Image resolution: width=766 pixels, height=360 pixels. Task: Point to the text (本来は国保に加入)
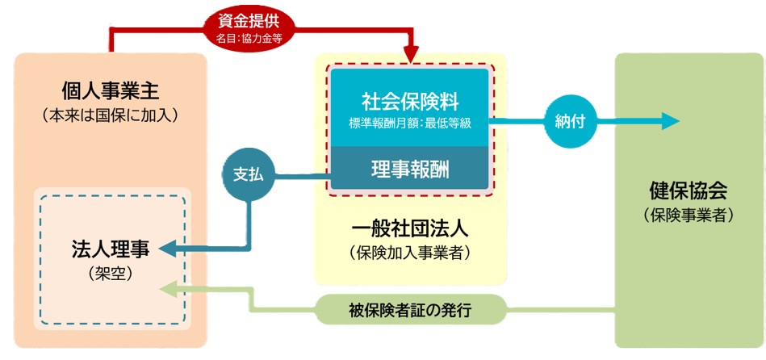110,115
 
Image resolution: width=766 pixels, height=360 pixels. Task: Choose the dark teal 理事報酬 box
410,169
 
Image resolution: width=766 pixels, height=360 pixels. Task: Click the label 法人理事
111,249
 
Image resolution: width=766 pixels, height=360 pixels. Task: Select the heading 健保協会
689,191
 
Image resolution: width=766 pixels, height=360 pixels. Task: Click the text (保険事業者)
689,216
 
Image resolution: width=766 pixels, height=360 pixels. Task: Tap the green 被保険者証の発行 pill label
410,310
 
